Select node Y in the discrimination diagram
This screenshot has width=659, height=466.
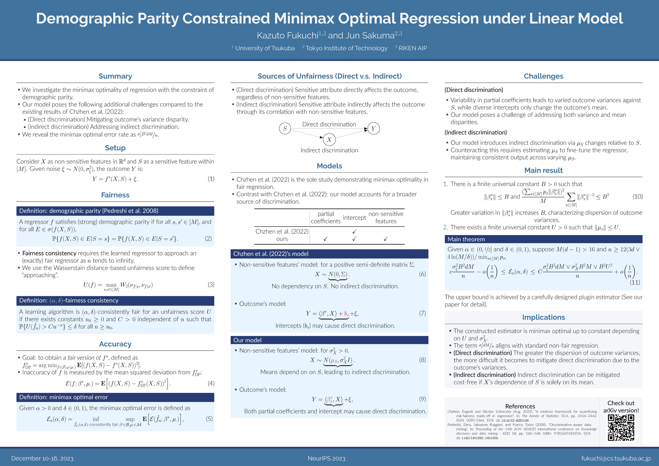coord(373,128)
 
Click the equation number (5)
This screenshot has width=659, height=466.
coord(209,419)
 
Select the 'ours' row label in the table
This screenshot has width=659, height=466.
coord(282,239)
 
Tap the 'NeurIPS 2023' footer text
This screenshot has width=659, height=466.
coord(326,458)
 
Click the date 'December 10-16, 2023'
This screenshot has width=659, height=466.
coord(42,458)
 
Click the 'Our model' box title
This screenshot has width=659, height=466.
coord(247,340)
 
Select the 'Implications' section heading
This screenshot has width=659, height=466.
coord(543,317)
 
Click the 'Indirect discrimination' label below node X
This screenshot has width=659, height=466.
coord(329,150)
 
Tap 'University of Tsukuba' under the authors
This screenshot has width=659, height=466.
coord(265,48)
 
